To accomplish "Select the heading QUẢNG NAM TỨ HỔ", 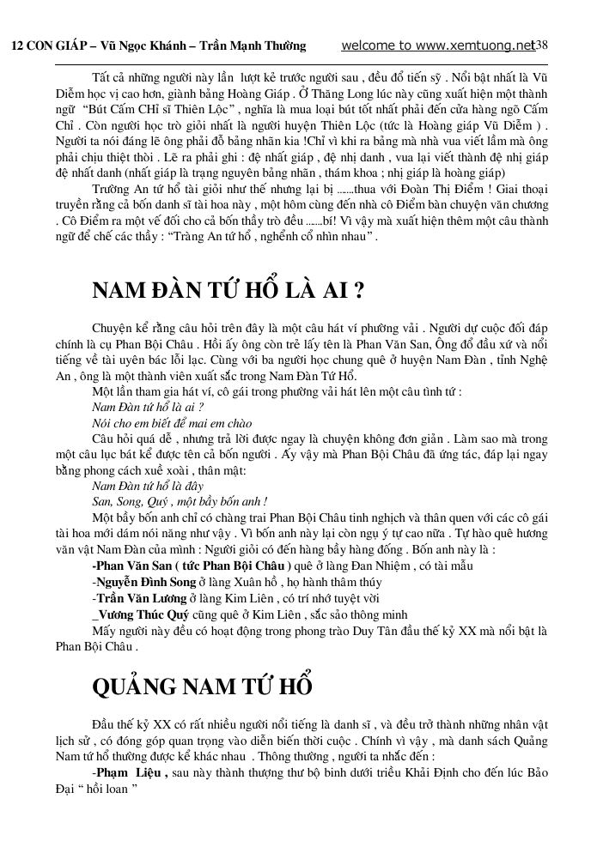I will [x=202, y=687].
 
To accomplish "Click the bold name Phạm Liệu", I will [x=129, y=772].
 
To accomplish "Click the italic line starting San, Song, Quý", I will [x=180, y=500].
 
